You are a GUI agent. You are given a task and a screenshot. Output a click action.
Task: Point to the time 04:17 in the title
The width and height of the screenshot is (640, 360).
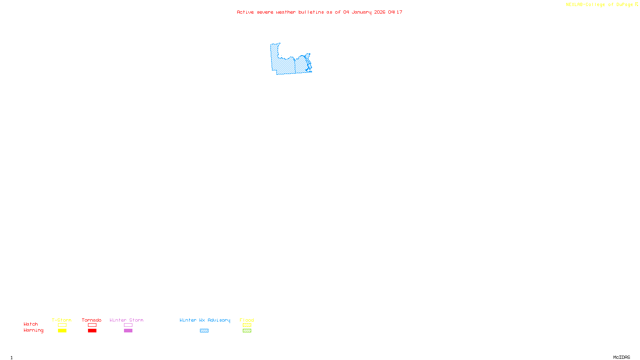(395, 12)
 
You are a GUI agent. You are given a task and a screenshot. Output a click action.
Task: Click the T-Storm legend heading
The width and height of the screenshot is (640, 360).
(62, 320)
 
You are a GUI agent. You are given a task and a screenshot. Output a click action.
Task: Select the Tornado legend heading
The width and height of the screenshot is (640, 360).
(92, 320)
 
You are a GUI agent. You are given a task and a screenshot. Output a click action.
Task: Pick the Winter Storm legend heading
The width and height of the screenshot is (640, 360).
(126, 320)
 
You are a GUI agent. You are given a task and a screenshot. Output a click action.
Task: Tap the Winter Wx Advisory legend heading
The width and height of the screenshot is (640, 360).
(205, 320)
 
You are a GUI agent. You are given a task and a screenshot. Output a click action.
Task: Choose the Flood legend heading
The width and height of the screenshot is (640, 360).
(247, 320)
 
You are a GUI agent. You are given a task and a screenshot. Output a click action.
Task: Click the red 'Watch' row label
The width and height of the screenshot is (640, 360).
(31, 324)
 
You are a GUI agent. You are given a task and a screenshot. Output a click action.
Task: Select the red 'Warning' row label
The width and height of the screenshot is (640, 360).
(34, 330)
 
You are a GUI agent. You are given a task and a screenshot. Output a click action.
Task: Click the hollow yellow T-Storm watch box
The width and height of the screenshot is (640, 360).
(62, 325)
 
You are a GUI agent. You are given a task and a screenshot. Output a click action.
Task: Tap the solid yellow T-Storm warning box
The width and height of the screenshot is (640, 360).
(62, 331)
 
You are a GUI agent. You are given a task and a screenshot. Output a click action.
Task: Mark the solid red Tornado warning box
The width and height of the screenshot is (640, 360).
(92, 331)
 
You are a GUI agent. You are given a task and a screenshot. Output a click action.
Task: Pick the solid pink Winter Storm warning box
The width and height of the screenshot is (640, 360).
(128, 331)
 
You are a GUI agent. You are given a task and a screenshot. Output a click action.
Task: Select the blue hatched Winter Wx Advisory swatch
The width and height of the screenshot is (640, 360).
(204, 331)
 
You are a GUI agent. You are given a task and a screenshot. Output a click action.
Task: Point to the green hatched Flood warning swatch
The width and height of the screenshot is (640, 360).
(247, 331)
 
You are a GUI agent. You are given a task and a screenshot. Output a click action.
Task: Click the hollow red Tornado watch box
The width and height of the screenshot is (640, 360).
(92, 325)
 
